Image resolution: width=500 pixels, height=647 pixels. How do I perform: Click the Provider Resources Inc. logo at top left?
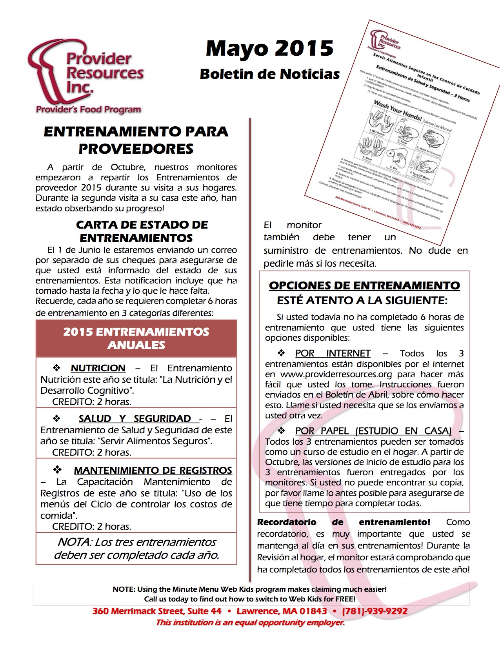[85, 76]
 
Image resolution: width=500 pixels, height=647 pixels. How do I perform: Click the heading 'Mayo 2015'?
[270, 49]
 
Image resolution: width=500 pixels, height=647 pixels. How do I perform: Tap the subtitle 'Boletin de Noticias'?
[270, 74]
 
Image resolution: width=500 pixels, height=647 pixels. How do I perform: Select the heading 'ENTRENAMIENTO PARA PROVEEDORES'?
[136, 140]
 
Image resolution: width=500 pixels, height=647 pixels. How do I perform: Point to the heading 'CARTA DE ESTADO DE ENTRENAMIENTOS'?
[142, 231]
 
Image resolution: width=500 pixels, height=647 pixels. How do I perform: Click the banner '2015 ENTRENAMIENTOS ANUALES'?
[136, 338]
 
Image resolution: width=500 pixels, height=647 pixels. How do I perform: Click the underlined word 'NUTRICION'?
[98, 368]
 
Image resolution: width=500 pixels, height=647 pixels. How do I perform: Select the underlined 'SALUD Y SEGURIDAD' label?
[135, 419]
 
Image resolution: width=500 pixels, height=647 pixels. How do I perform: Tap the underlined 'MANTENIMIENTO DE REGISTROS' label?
[153, 470]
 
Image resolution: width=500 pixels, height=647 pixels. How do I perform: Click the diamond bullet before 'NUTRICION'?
[57, 368]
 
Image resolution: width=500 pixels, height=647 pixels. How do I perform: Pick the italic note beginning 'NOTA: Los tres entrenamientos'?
[136, 549]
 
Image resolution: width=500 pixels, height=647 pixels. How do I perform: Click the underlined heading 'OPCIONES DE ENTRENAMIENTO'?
[364, 285]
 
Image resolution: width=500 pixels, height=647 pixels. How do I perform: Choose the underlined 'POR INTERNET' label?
[333, 353]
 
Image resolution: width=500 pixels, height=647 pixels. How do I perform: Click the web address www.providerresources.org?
[336, 374]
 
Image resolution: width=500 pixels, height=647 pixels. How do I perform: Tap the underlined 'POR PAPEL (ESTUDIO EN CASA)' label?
[373, 431]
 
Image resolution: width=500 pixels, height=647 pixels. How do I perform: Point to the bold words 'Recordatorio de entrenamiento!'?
[344, 522]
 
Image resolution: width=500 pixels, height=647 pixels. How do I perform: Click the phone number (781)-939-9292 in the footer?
[375, 611]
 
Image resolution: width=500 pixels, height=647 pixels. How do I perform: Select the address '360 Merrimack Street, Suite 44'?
[157, 611]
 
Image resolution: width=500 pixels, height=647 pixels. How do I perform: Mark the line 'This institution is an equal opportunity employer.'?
[250, 622]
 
